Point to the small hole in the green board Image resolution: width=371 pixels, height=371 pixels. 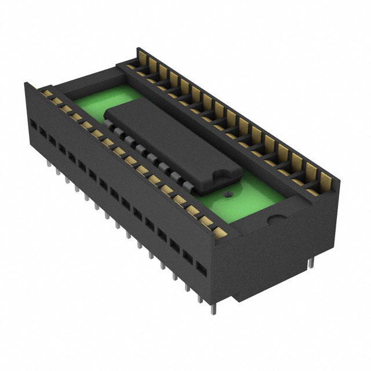point(229,195)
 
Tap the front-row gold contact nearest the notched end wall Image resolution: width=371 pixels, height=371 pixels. point(220,233)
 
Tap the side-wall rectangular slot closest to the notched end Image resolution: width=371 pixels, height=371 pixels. point(201,269)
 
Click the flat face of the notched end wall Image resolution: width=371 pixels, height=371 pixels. point(284,249)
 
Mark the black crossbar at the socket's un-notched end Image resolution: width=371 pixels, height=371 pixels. point(87,78)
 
